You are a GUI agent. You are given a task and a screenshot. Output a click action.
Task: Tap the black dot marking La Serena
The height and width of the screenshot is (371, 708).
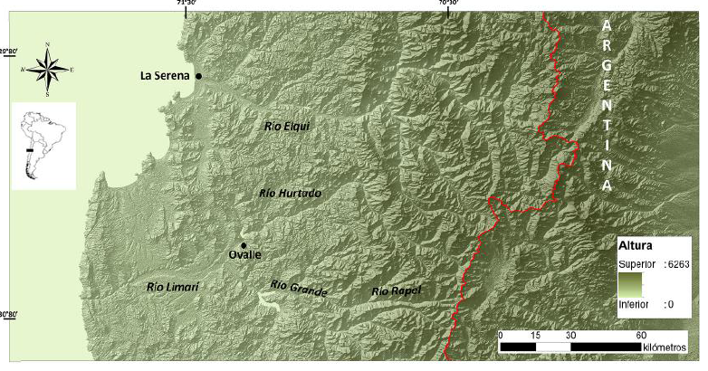pos(198,76)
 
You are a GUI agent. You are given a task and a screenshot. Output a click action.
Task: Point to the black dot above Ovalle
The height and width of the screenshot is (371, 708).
pos(244,245)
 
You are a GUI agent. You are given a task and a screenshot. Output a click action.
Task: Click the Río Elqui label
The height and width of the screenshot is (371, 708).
pos(287,127)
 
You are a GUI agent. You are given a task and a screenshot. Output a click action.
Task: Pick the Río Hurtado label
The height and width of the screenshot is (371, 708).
pos(290,193)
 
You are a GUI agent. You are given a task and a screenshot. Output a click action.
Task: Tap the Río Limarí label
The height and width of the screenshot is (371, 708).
pos(172,287)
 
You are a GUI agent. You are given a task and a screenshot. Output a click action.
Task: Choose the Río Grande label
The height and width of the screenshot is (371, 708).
pos(298,289)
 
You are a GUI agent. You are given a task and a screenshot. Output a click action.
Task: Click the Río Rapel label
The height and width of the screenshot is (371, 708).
pos(397,290)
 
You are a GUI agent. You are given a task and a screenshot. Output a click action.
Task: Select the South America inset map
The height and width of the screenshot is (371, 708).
pos(43,145)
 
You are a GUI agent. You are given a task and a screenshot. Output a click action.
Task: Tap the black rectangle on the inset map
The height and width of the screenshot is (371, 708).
pos(31,148)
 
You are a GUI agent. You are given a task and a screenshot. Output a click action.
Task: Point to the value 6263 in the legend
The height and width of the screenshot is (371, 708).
pos(677,264)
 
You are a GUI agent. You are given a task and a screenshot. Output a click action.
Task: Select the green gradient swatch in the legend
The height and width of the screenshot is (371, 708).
pos(630,285)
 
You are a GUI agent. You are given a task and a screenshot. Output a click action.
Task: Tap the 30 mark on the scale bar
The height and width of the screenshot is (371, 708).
pos(570,335)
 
